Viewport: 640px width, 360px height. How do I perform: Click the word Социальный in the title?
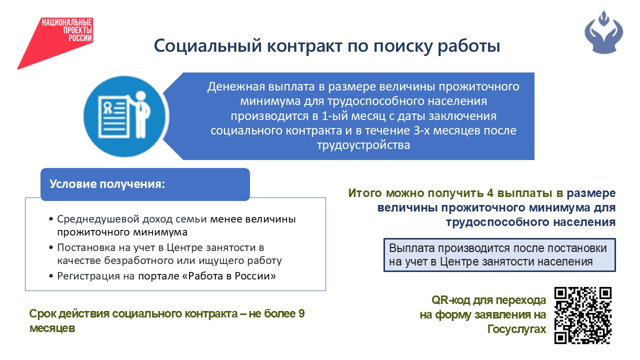coord(207,46)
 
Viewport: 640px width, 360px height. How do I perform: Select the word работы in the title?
coord(469,46)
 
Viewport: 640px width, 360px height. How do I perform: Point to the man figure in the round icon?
coord(139,114)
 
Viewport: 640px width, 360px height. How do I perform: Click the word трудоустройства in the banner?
coord(363,145)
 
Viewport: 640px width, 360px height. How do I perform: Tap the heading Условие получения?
coord(107,184)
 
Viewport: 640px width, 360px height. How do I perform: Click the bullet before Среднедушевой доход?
coord(51,219)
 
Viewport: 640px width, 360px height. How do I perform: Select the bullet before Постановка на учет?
coord(51,247)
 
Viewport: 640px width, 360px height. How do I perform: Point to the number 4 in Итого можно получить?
coord(490,193)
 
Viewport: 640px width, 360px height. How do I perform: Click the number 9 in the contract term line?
coord(301,313)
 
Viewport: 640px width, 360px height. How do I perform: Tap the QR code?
coord(583,315)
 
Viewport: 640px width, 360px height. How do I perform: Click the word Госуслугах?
coord(516,329)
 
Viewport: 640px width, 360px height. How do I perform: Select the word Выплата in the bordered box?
coord(412,248)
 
